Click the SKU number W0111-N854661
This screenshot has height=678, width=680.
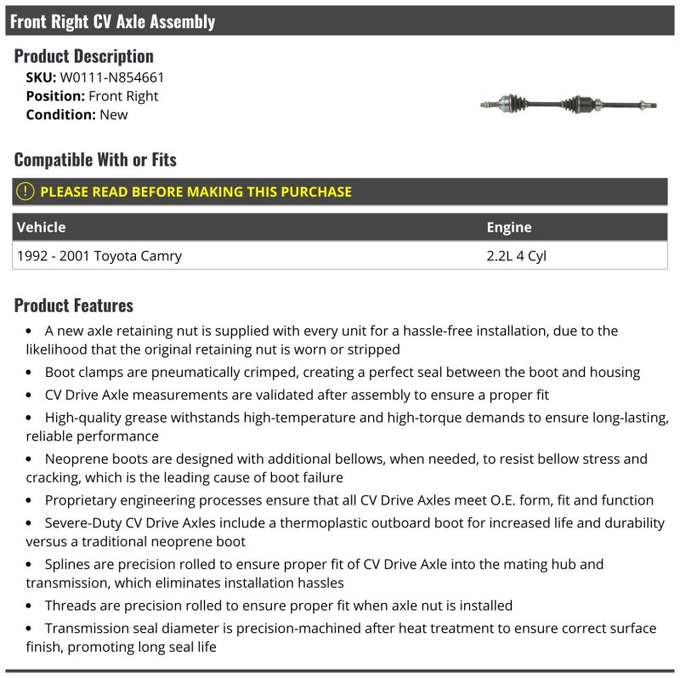(112, 77)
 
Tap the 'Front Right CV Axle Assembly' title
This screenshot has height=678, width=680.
(112, 21)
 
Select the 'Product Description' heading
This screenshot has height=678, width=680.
(84, 56)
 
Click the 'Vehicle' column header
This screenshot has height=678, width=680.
(41, 227)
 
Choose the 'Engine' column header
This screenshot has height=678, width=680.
(508, 227)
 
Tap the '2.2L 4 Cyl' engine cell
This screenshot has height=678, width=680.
(516, 255)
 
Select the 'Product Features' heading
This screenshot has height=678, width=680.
(74, 305)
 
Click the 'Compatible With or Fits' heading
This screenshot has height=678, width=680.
(95, 159)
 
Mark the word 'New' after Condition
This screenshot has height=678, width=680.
(114, 115)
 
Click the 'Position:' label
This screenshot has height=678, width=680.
(55, 96)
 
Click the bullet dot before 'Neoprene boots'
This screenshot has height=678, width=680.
(29, 459)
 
